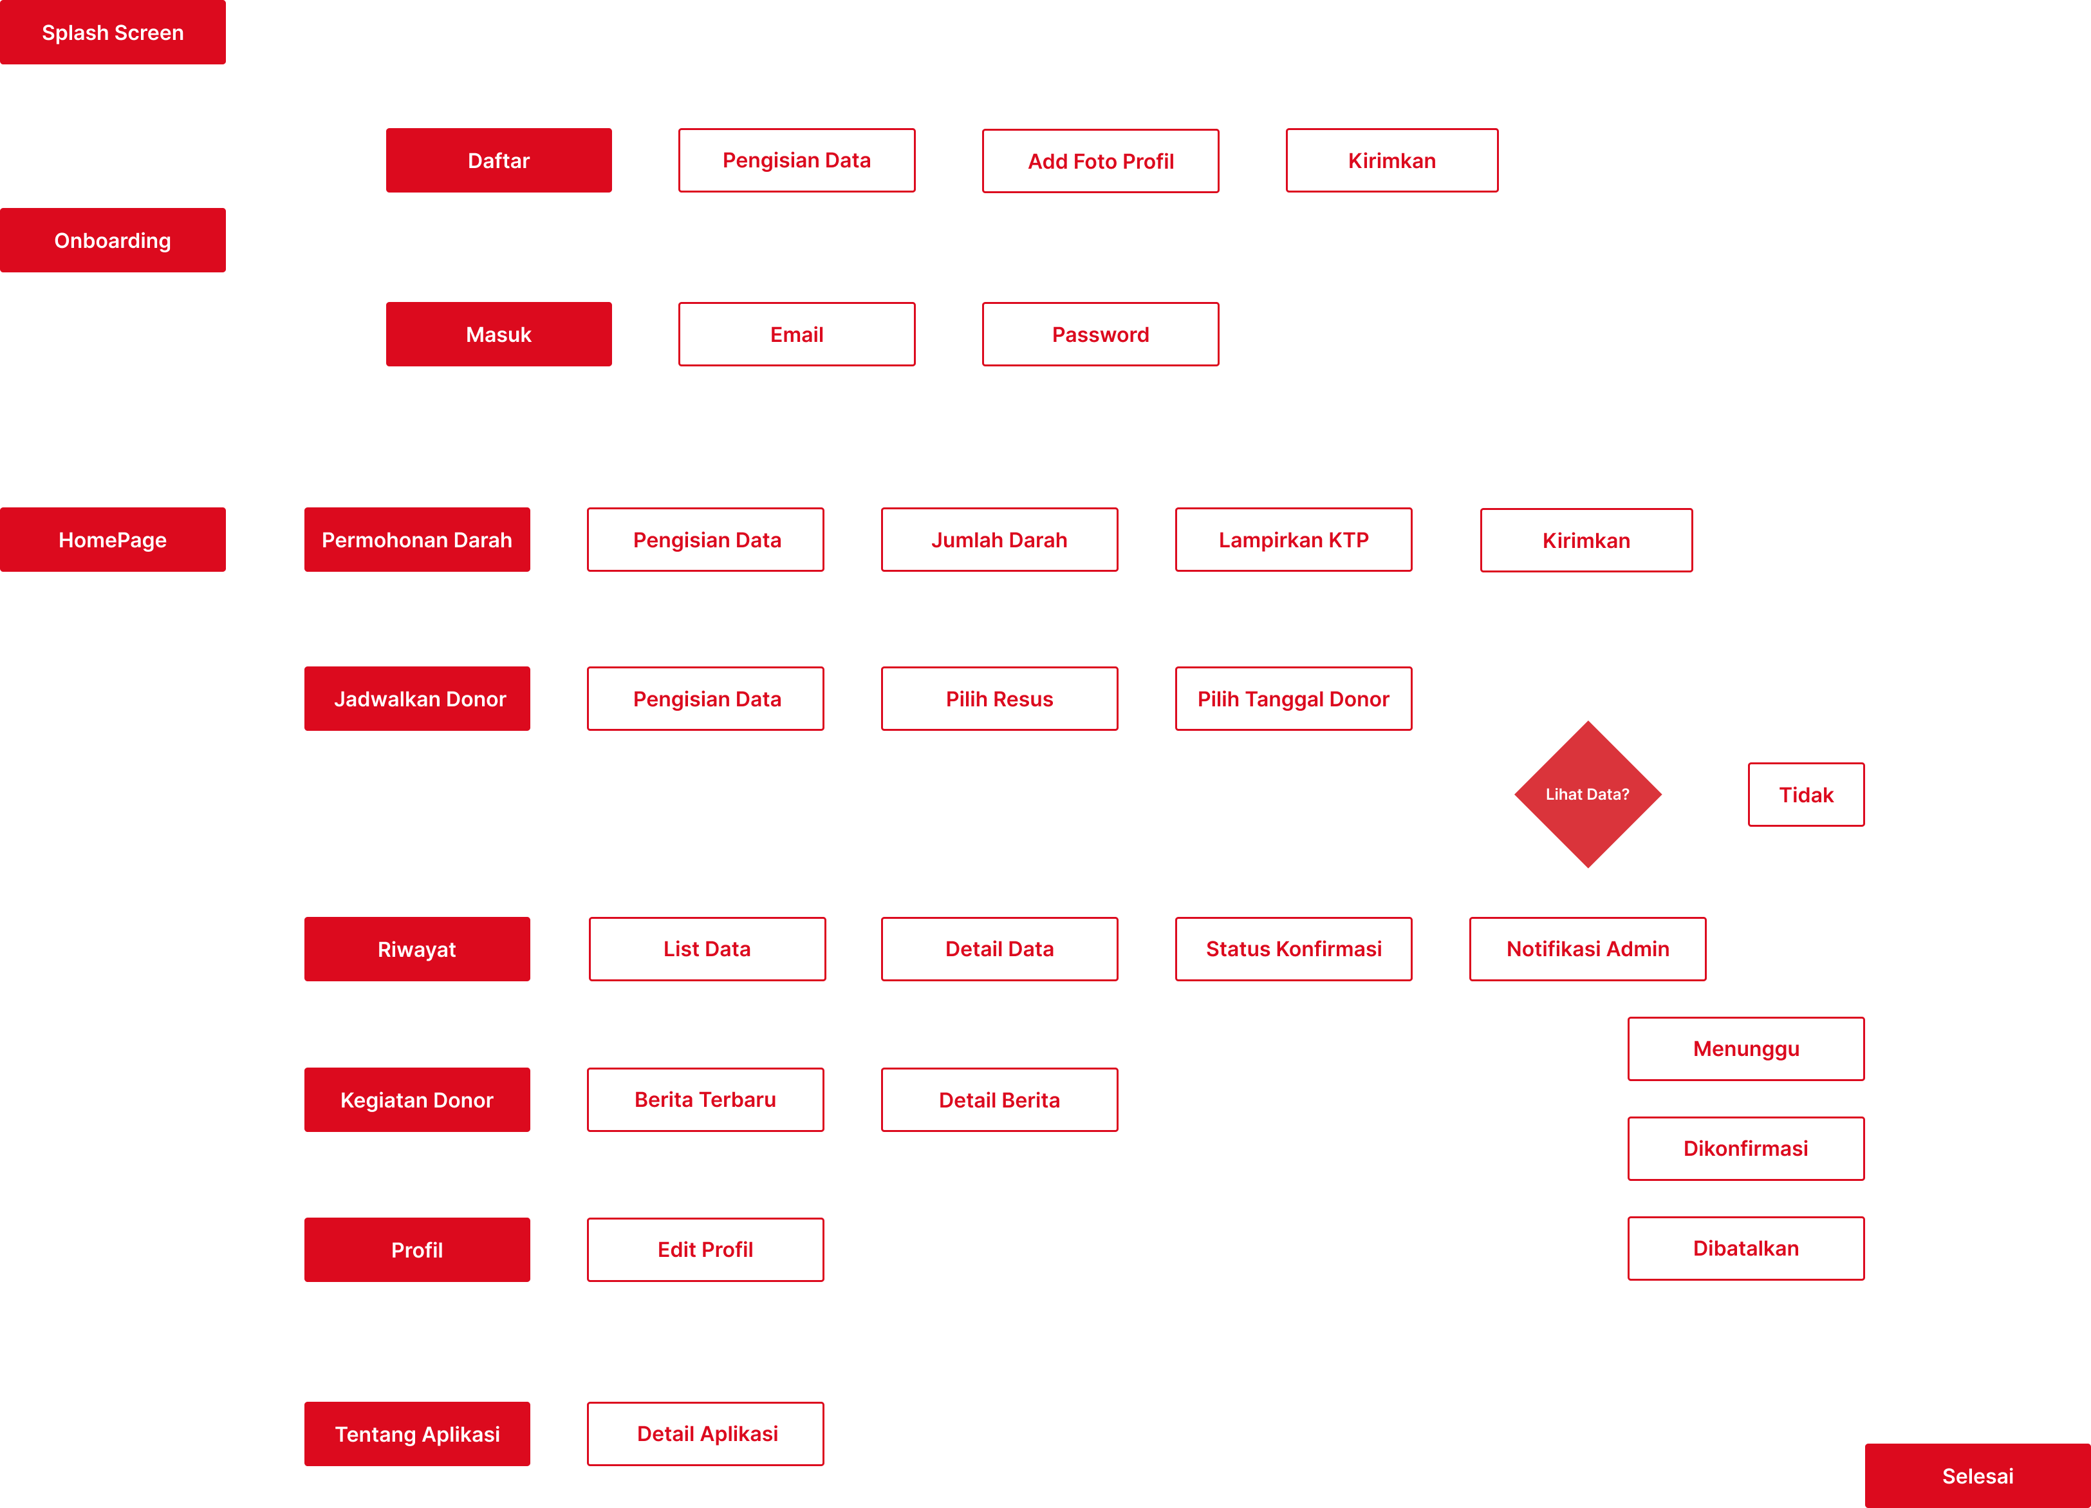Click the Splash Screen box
113,32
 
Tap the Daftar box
498,160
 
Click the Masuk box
498,334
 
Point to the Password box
1100,334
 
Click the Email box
797,334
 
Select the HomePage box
113,540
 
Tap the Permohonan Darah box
417,540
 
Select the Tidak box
1805,794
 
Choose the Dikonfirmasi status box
1745,1148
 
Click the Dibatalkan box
1745,1248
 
